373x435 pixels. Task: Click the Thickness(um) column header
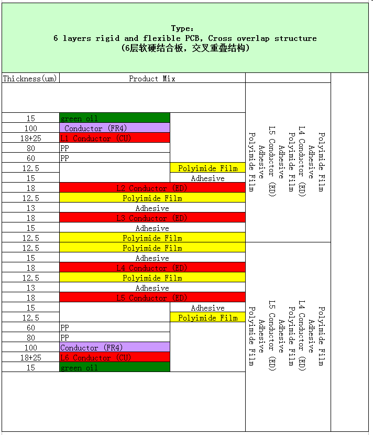click(x=30, y=79)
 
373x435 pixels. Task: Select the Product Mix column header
click(x=152, y=79)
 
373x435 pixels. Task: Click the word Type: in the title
click(x=183, y=28)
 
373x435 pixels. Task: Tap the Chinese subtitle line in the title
click(x=185, y=48)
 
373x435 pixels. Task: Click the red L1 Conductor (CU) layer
click(x=115, y=138)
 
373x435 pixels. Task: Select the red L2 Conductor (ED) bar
click(x=152, y=188)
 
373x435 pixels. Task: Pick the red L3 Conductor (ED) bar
click(x=152, y=218)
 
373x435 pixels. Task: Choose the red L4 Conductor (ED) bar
click(x=152, y=268)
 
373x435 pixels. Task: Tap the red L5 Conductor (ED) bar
click(x=152, y=298)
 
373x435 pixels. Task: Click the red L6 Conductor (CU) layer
click(x=115, y=357)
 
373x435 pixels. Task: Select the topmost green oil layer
click(x=115, y=118)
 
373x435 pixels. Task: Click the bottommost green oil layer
click(x=115, y=367)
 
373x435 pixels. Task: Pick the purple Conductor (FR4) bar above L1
click(x=115, y=128)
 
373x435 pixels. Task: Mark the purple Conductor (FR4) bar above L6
click(x=115, y=347)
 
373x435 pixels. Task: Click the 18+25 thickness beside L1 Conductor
click(x=30, y=138)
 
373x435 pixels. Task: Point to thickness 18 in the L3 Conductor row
click(x=30, y=218)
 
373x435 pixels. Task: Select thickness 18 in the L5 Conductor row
click(x=30, y=298)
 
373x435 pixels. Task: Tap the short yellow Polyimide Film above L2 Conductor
click(x=207, y=168)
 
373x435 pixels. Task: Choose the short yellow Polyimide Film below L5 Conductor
click(x=207, y=317)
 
